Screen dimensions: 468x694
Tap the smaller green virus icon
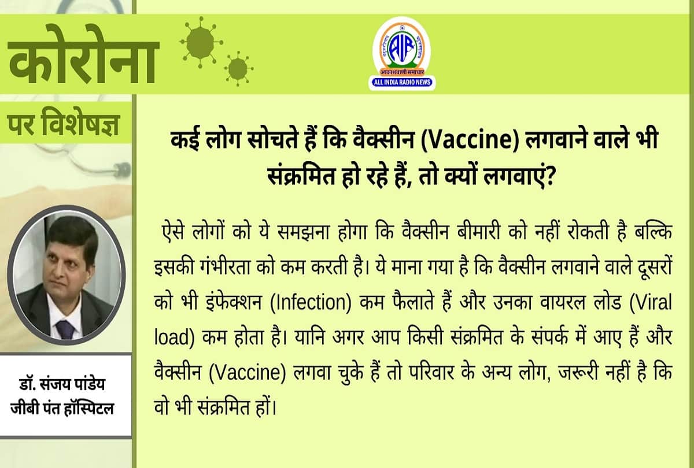[x=238, y=68]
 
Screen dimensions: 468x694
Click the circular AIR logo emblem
[x=401, y=46]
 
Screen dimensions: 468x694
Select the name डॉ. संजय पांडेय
[x=65, y=385]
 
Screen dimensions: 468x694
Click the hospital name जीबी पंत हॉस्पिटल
[x=65, y=408]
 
